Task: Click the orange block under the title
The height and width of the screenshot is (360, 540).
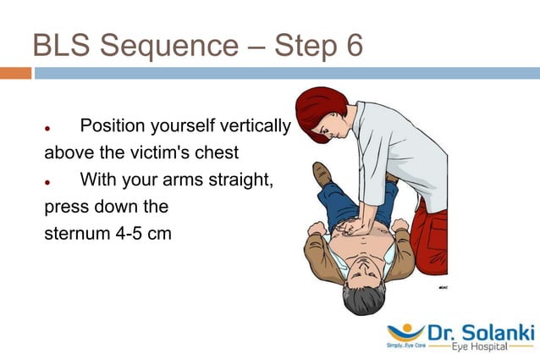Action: pyautogui.click(x=15, y=74)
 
